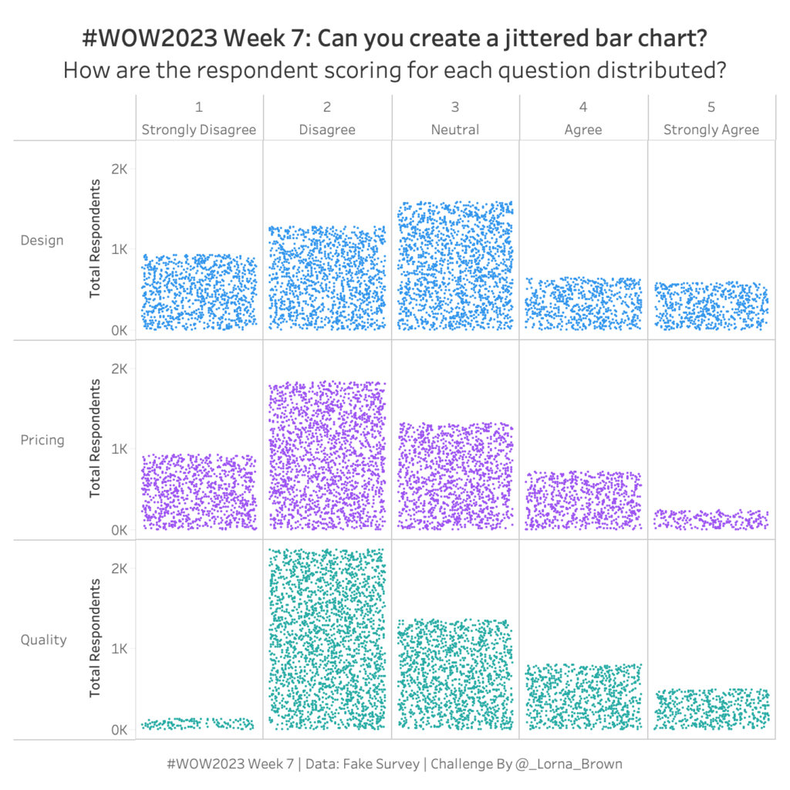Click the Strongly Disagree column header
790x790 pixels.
[199, 130]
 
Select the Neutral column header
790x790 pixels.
[455, 130]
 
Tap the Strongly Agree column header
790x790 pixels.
[711, 130]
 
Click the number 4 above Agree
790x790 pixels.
[583, 107]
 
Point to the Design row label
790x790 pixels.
[42, 240]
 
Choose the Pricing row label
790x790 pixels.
[42, 440]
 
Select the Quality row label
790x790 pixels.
[43, 640]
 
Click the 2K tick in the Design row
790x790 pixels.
[119, 168]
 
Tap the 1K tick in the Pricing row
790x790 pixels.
[119, 449]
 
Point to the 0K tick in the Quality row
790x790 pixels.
[119, 729]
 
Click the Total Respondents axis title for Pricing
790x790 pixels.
[95, 438]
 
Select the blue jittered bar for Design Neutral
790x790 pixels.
[455, 266]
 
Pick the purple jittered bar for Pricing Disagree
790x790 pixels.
[327, 455]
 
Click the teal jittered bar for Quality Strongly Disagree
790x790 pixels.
[199, 724]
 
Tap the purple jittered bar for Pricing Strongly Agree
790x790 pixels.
[711, 520]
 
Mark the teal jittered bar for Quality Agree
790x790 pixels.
[583, 697]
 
